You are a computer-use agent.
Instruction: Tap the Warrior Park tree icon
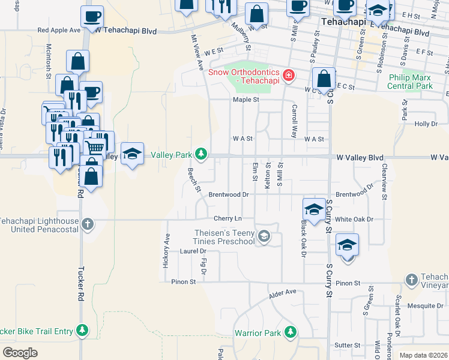pyautogui.click(x=291, y=332)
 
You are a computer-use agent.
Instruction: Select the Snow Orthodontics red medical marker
pyautogui.click(x=289, y=75)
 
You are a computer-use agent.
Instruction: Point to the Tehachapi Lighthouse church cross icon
pyautogui.click(x=88, y=224)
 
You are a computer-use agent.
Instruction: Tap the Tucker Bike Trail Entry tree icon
pyautogui.click(x=82, y=331)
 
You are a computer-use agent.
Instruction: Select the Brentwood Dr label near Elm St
pyautogui.click(x=228, y=194)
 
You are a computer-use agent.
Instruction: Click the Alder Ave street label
pyautogui.click(x=283, y=292)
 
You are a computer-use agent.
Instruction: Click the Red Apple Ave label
pyautogui.click(x=59, y=29)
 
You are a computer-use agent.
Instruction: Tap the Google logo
pyautogui.click(x=20, y=353)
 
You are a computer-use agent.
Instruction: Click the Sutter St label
pyautogui.click(x=347, y=345)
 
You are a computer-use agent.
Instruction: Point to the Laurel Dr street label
pyautogui.click(x=193, y=251)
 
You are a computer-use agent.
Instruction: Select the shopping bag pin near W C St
pyautogui.click(x=324, y=79)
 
